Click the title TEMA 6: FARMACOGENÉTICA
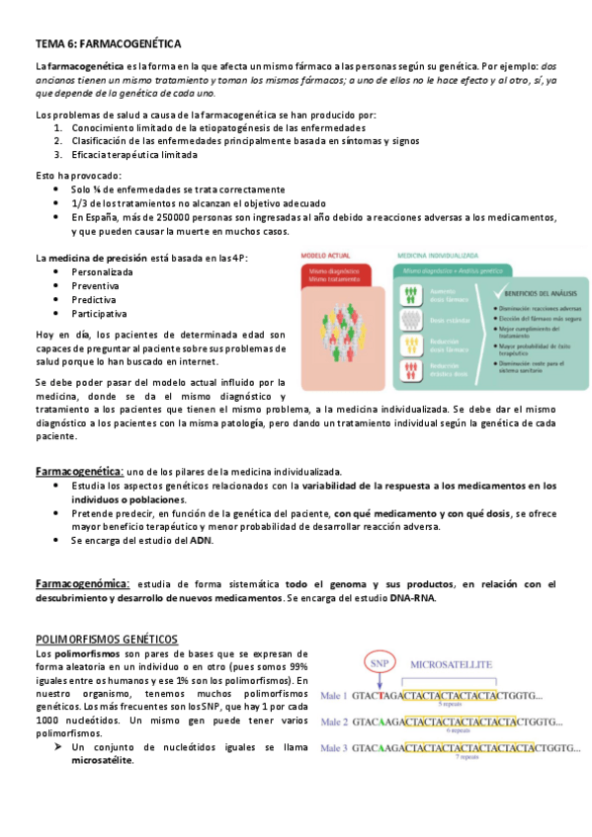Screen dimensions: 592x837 108,44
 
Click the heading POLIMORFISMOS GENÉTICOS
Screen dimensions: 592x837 106,640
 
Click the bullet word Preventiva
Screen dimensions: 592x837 95,285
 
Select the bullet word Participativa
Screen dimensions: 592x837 99,313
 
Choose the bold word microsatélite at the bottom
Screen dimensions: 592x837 102,761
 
